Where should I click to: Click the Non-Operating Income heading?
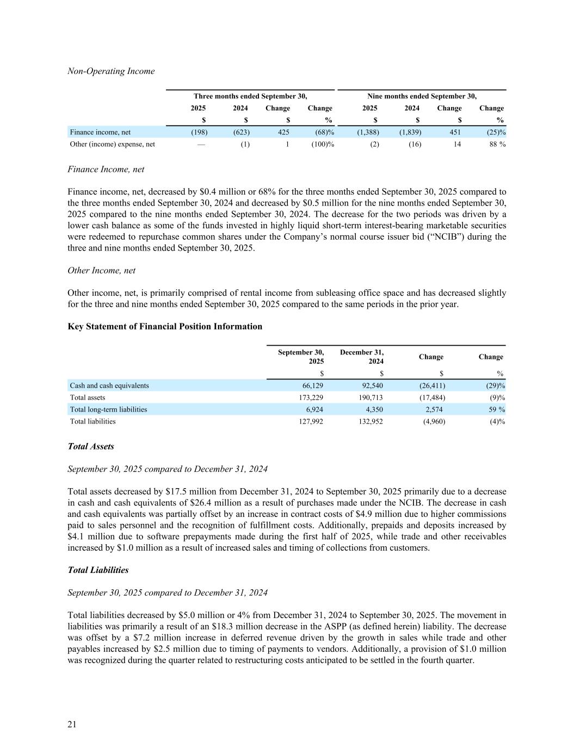[111, 71]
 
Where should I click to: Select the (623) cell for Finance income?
[242, 132]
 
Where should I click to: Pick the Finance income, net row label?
[100, 132]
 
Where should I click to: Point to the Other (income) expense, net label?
[113, 144]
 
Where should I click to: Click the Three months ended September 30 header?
[250, 96]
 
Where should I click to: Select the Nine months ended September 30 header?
[422, 96]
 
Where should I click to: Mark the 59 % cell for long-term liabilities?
[496, 409]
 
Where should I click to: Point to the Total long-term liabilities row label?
[108, 409]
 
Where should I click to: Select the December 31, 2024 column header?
[362, 357]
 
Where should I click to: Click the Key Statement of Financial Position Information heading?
[165, 327]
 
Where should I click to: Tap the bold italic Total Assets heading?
[91, 446]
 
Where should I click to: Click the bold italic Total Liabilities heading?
[98, 570]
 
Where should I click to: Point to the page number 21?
[72, 724]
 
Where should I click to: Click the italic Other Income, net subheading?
[102, 270]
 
